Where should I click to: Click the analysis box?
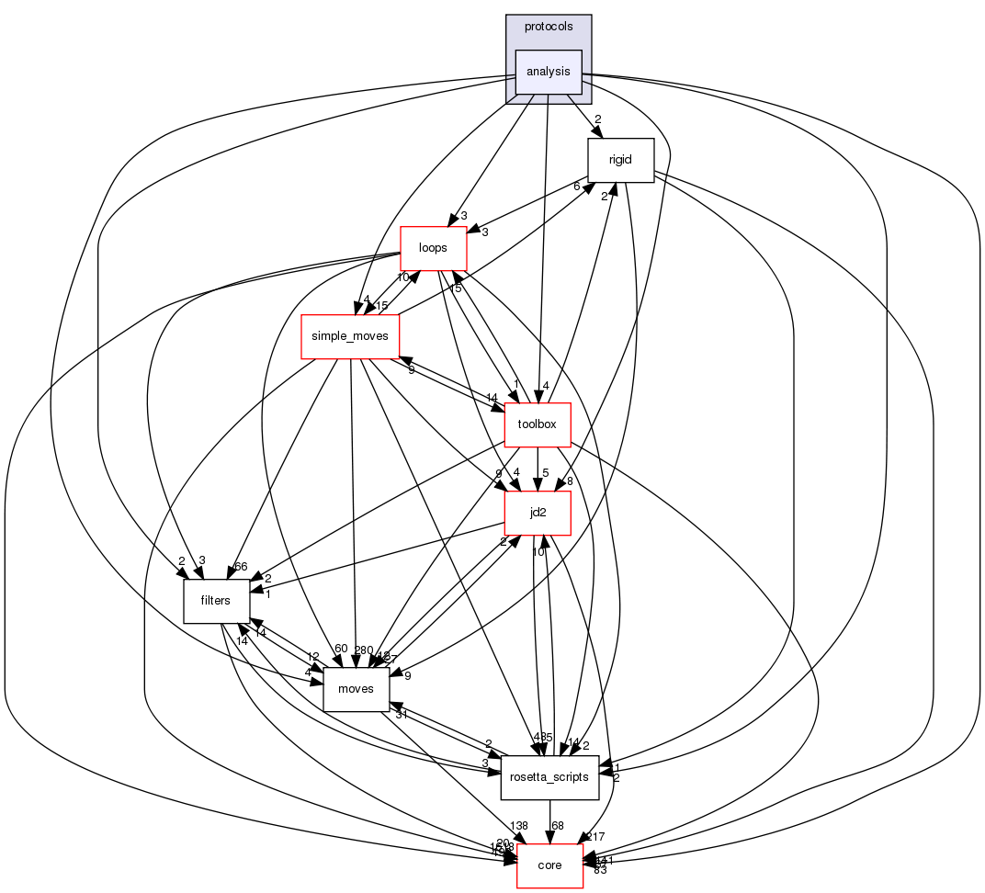(549, 72)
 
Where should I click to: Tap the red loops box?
(433, 248)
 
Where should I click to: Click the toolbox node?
(538, 424)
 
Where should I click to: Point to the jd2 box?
(538, 513)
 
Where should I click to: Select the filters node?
(218, 601)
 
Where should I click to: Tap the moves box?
(356, 689)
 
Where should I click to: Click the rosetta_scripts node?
(549, 777)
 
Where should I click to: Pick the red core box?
(549, 865)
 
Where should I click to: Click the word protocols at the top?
(549, 26)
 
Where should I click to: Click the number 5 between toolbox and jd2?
(545, 473)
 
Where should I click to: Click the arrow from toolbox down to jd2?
(538, 469)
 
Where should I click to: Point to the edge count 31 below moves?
(402, 714)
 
